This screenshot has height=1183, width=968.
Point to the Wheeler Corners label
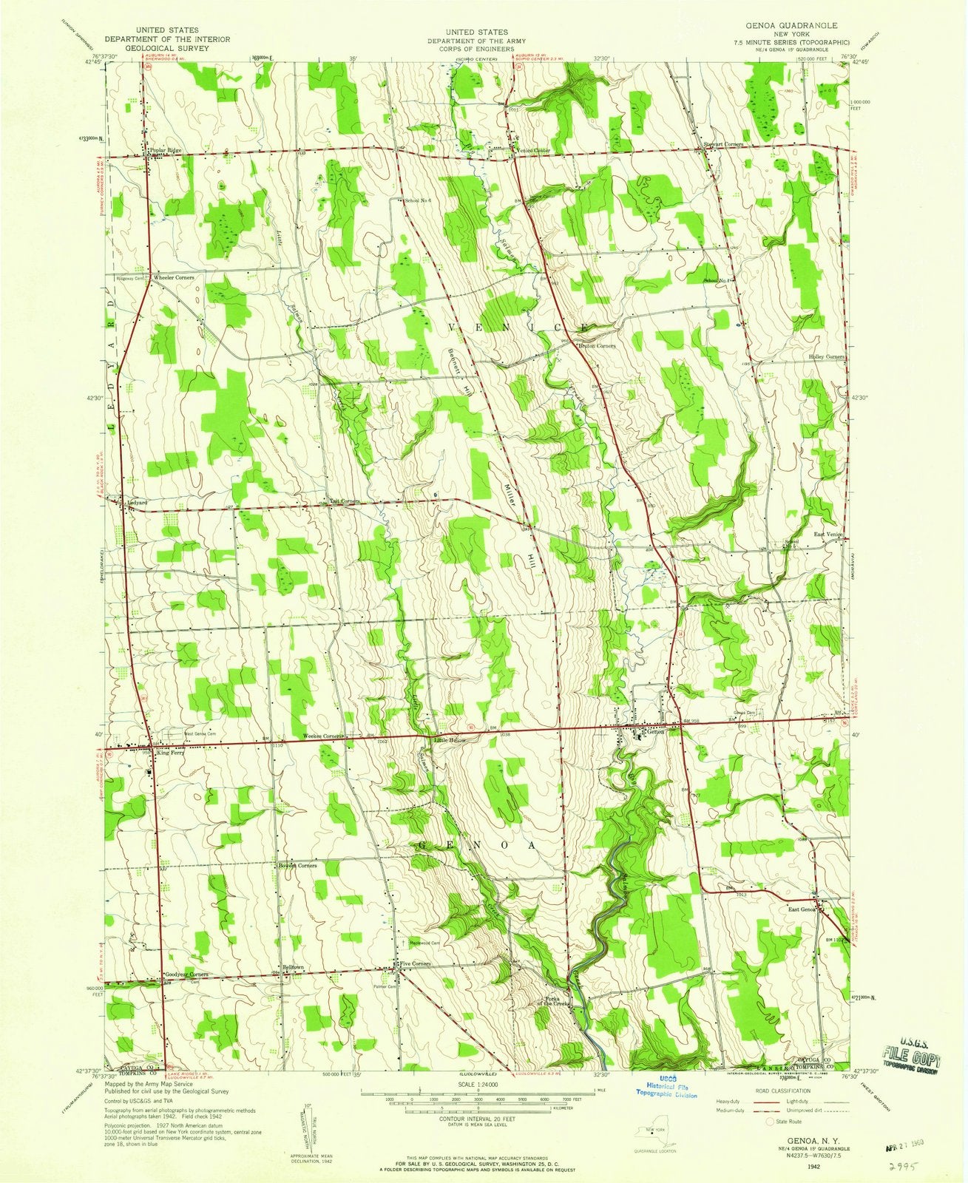(x=174, y=277)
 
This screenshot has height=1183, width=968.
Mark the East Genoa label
(x=802, y=909)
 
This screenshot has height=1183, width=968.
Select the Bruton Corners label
(x=597, y=345)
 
